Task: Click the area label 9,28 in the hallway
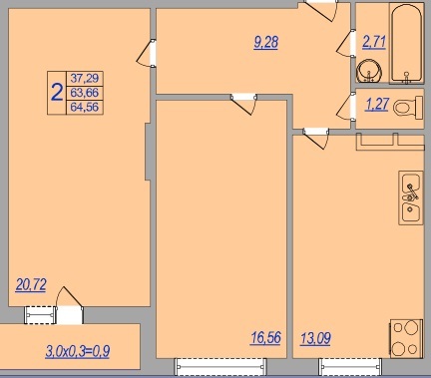(265, 42)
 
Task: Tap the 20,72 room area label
(31, 285)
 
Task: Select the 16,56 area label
(265, 338)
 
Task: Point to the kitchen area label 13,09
(315, 338)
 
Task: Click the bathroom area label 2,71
(374, 43)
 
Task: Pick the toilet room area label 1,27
(376, 105)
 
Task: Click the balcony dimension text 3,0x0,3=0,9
(78, 351)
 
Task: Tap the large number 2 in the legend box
(57, 93)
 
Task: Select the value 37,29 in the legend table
(85, 79)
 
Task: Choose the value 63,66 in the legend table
(85, 93)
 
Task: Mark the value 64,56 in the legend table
(85, 108)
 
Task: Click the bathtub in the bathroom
(407, 43)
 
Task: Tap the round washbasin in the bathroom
(369, 71)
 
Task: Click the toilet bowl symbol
(408, 108)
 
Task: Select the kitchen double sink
(411, 197)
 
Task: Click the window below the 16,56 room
(220, 367)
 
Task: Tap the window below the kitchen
(350, 367)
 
